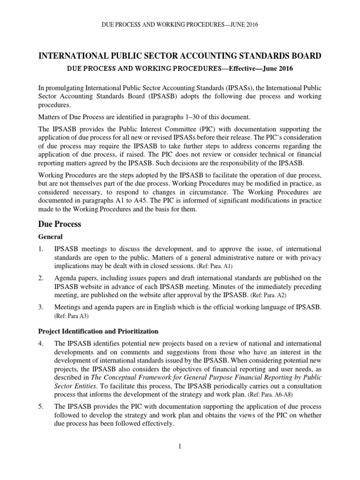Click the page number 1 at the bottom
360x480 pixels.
tap(180, 446)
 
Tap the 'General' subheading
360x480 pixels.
tap(50, 237)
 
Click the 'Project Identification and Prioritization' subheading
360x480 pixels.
tap(99, 331)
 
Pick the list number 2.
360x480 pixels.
tap(41, 278)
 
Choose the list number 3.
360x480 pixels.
tap(41, 307)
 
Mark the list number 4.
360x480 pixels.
tap(41, 344)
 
